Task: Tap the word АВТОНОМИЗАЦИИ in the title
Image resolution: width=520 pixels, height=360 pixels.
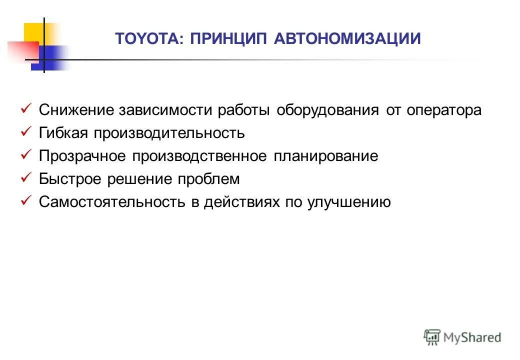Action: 347,38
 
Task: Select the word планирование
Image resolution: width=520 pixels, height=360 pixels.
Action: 325,156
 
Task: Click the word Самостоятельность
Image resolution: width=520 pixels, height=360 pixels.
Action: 113,202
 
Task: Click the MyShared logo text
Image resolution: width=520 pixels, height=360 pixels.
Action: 472,337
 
